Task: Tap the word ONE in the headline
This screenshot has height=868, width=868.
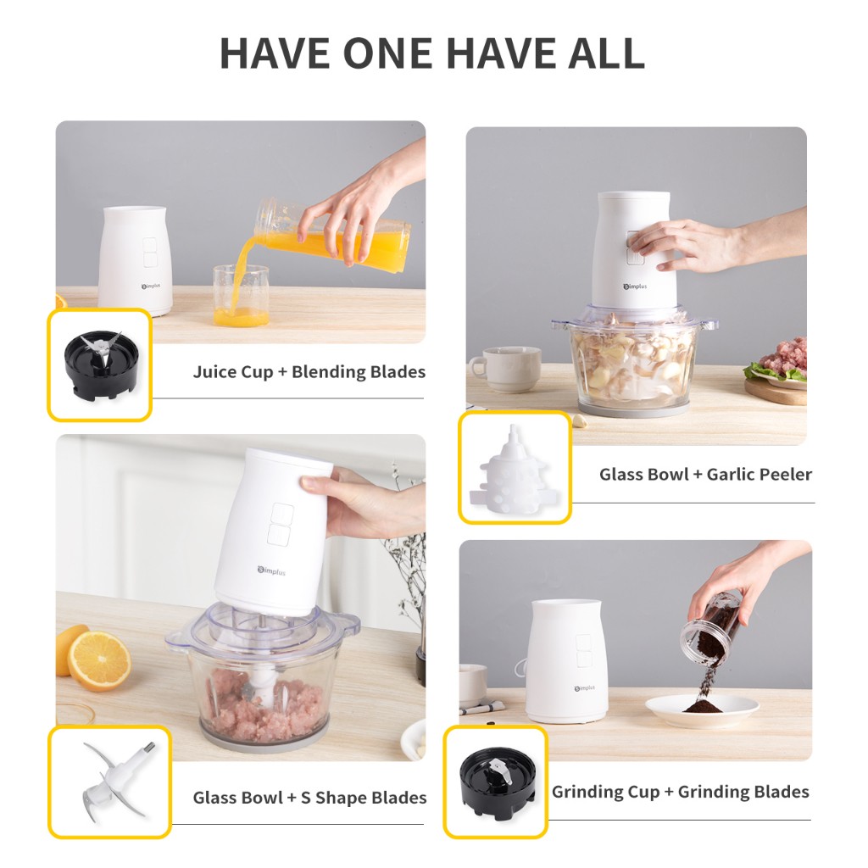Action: (387, 53)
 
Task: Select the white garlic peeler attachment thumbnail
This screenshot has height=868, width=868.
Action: (515, 468)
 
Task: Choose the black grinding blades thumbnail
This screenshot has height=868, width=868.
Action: (496, 782)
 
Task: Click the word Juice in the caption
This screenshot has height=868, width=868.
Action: (214, 371)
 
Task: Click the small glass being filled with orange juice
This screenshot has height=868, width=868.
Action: (241, 295)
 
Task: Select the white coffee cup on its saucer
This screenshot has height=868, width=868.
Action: (505, 370)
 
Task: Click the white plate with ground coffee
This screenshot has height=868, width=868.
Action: (702, 711)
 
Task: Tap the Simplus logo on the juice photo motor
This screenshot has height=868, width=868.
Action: (151, 287)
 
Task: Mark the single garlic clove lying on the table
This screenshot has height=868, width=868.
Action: (578, 420)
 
